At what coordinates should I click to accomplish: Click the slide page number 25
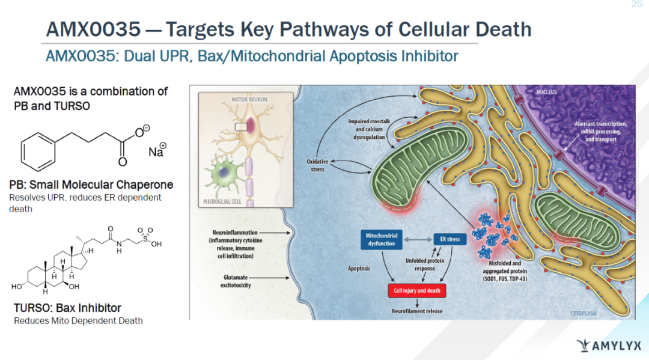coord(637,5)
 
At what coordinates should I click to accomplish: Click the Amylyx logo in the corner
coord(608,346)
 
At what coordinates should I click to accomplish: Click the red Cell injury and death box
coord(416,290)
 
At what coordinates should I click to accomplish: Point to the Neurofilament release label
coord(416,311)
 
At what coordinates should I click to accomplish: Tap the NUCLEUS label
coord(547,92)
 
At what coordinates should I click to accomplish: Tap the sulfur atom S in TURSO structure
coord(144,239)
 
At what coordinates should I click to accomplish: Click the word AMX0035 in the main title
coord(93,28)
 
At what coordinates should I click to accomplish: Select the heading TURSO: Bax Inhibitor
coord(67,308)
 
